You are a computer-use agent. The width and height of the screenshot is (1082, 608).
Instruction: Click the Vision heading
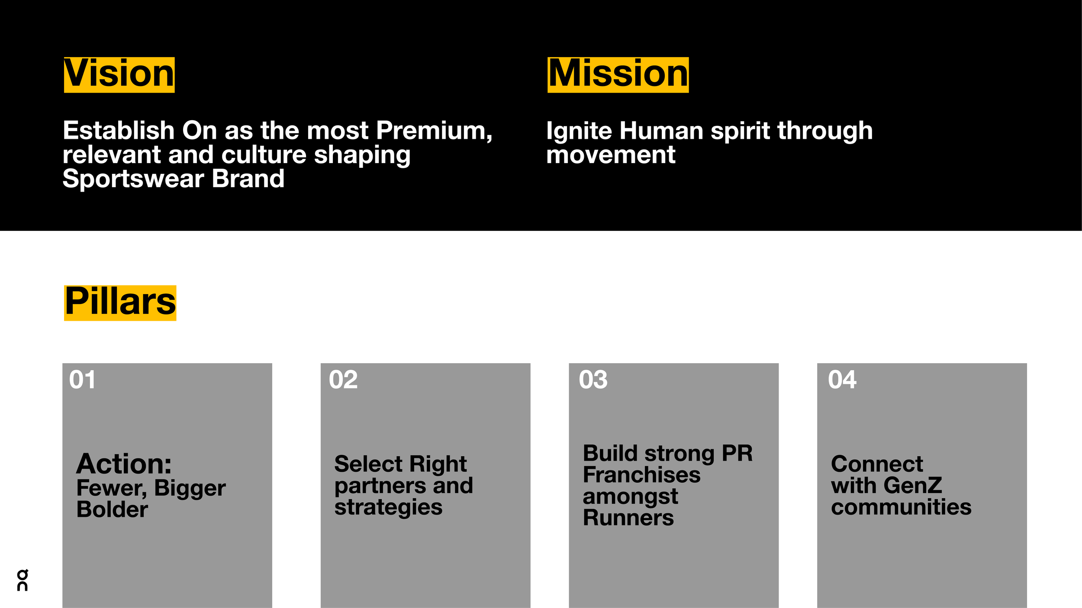[119, 74]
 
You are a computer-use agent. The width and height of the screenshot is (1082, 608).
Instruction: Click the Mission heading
[618, 74]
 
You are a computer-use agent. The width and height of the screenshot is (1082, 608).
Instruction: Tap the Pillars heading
[120, 302]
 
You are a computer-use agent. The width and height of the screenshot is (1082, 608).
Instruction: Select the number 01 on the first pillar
[82, 380]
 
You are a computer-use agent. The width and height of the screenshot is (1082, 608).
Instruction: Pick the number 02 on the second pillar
[343, 380]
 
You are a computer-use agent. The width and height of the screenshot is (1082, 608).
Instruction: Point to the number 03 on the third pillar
[593, 380]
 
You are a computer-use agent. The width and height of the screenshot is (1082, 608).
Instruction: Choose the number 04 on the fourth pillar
[842, 380]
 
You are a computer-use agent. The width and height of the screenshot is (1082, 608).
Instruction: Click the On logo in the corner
[23, 580]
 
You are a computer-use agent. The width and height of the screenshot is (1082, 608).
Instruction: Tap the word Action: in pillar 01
[124, 464]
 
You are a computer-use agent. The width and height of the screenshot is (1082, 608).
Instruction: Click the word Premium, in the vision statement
[434, 131]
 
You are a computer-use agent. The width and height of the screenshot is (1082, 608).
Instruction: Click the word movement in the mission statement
[610, 155]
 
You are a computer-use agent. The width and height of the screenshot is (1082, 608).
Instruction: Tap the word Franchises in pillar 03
[641, 475]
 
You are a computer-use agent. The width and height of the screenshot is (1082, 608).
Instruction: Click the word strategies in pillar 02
[388, 508]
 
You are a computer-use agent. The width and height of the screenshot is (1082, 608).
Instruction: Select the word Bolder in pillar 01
[112, 509]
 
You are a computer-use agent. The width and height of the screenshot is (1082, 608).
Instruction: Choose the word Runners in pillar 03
[628, 518]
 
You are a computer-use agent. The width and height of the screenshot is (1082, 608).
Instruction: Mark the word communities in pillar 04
[901, 507]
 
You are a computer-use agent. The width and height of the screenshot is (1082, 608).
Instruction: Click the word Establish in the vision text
[118, 131]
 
